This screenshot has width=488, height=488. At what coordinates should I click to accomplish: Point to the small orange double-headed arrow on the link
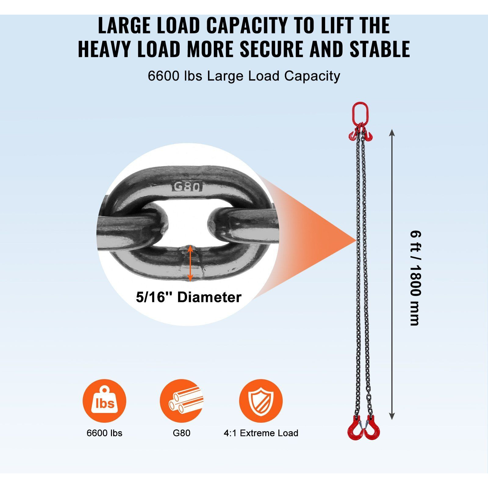point(190,263)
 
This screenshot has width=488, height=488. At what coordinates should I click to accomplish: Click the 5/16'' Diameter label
point(188,297)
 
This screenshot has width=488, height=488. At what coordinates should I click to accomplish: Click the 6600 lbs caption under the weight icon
point(104,433)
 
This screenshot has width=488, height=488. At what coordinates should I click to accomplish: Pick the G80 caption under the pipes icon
point(181,433)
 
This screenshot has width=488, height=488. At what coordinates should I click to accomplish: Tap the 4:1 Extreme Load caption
point(261,433)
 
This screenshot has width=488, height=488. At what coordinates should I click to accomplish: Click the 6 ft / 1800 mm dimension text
point(415,278)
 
